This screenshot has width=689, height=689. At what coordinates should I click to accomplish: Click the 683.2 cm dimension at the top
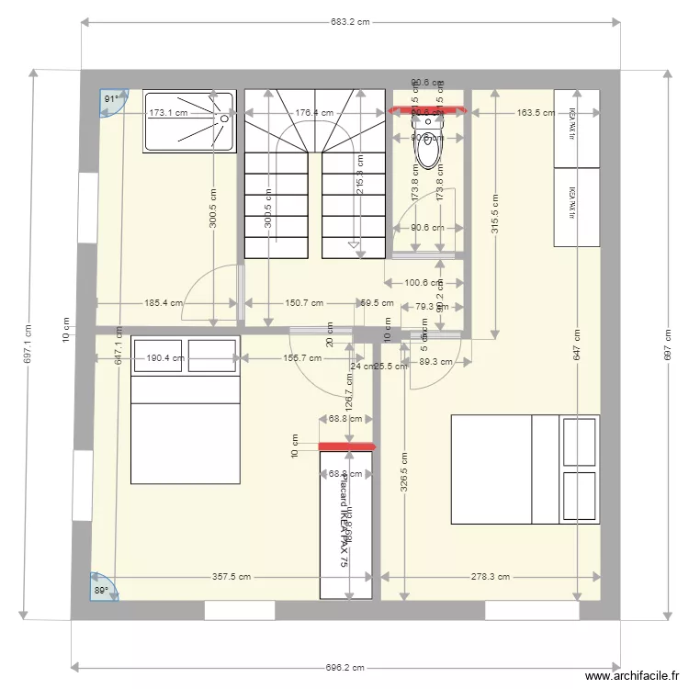click(350, 23)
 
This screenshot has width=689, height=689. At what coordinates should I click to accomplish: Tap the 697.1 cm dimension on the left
click(27, 343)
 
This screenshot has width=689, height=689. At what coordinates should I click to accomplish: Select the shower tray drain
click(223, 118)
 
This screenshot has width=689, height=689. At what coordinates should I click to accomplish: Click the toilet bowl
click(428, 152)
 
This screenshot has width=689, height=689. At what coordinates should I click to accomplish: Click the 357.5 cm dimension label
click(232, 578)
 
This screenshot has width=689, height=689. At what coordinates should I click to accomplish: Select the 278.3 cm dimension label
click(490, 578)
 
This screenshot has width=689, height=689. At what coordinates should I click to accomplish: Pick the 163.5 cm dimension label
click(536, 113)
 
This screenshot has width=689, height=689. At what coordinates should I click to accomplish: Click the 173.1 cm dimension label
click(168, 113)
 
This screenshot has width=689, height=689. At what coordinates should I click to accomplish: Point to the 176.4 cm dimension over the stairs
click(314, 113)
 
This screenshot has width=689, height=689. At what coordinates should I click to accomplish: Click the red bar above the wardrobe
click(347, 447)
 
